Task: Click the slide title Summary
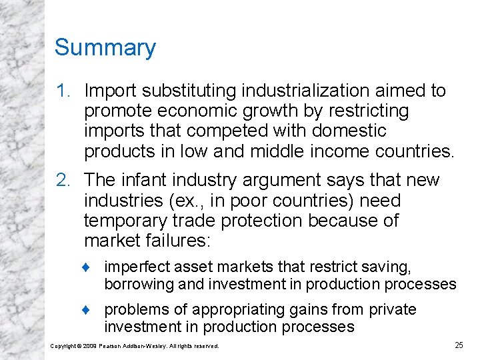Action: [105, 48]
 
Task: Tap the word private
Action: [393, 310]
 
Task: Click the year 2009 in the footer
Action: [91, 346]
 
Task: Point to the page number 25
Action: [459, 345]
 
